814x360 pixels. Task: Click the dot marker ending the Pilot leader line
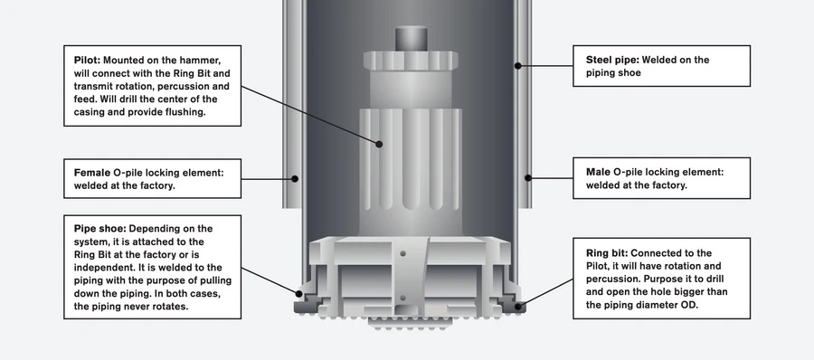(381, 143)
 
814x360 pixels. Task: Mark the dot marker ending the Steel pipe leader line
(518, 64)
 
